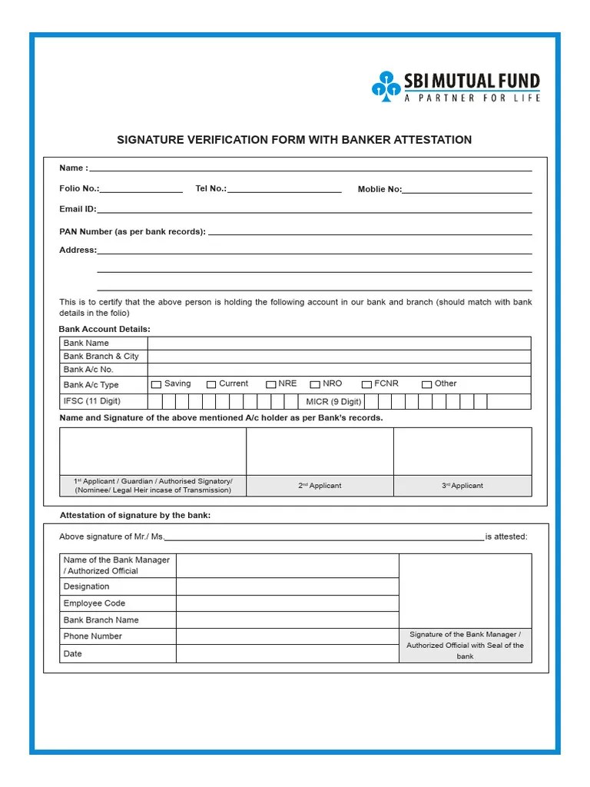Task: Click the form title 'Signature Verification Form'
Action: [x=293, y=140]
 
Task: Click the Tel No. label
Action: [x=210, y=188]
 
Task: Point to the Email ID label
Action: [x=78, y=209]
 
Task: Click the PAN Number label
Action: [x=132, y=231]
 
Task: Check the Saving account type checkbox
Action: [x=157, y=384]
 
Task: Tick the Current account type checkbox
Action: [x=211, y=384]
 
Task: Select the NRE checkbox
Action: [x=271, y=384]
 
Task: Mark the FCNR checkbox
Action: [x=367, y=384]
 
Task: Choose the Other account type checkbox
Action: [x=427, y=384]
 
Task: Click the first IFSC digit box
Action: [x=154, y=401]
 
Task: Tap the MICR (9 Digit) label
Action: [x=333, y=401]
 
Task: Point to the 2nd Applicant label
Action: [x=320, y=486]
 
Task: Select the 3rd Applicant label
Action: [x=462, y=486]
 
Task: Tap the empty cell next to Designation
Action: [x=287, y=586]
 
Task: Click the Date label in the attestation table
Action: [x=73, y=654]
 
